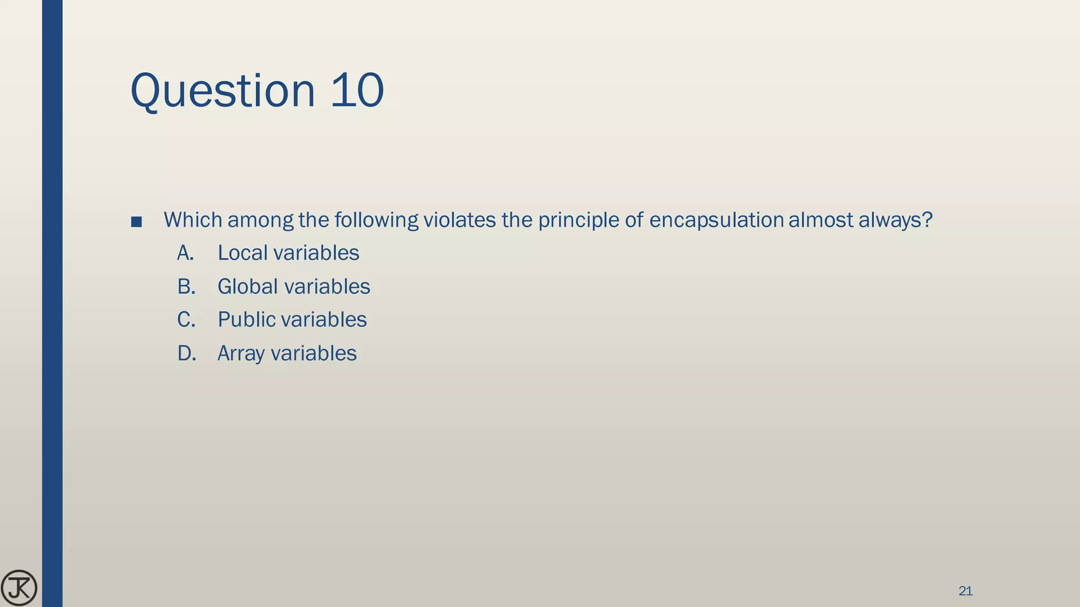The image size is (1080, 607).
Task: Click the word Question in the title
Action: coord(222,91)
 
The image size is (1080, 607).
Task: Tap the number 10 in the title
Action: coord(357,91)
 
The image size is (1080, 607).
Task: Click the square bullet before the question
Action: coord(136,222)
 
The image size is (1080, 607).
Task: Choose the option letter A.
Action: coord(185,253)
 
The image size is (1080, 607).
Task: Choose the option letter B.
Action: coord(186,287)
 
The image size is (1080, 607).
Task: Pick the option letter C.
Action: coord(186,320)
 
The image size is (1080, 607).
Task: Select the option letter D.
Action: coord(186,354)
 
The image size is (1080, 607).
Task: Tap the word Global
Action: coord(247,287)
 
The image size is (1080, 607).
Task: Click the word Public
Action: coord(246,320)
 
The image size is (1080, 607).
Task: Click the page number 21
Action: coord(965,591)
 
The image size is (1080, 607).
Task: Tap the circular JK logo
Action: coord(19,588)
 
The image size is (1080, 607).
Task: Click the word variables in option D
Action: coord(313,354)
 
